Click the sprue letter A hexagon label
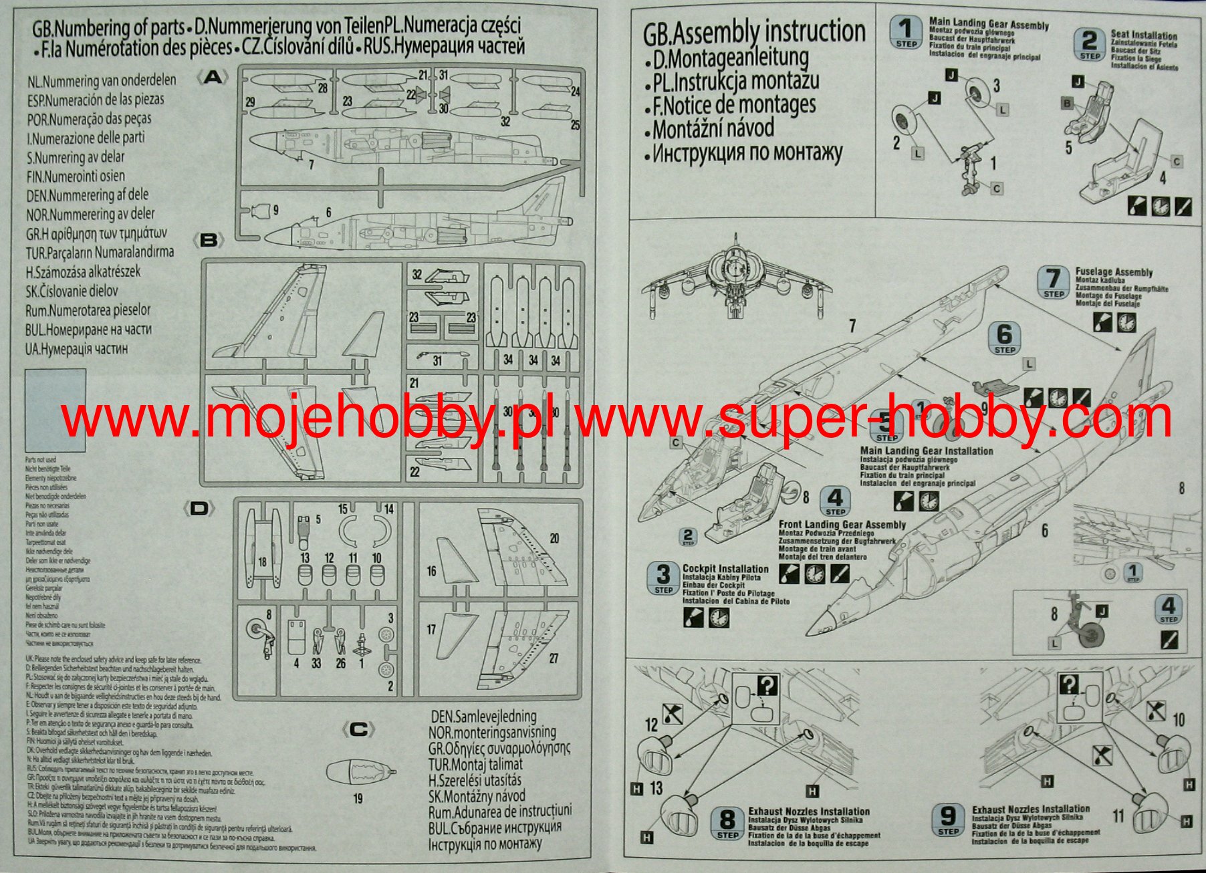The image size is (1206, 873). click(x=213, y=78)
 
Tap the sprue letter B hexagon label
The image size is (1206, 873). click(x=209, y=240)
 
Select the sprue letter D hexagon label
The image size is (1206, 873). click(x=199, y=509)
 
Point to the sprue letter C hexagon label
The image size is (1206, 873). click(x=358, y=729)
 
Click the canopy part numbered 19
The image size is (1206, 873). click(x=360, y=773)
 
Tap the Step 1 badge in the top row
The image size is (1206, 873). click(x=906, y=33)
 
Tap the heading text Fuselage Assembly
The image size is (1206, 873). click(x=1114, y=272)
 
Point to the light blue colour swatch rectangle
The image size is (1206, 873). click(x=55, y=410)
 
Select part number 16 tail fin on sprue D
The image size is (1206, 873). click(x=455, y=565)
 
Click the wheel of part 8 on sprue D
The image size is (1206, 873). click(x=257, y=629)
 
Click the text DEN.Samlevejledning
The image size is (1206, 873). click(x=483, y=717)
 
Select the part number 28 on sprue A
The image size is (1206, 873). click(x=323, y=88)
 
